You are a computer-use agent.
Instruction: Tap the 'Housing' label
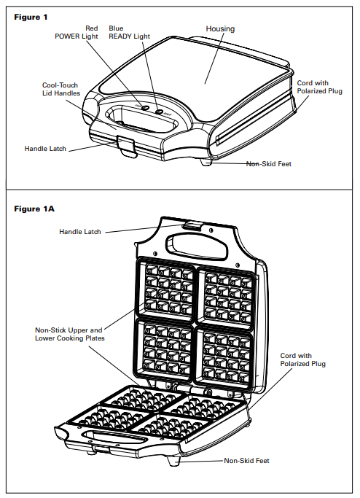[220, 29]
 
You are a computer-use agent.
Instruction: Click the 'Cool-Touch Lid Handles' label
[60, 90]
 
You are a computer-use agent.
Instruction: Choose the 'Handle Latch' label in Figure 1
[45, 149]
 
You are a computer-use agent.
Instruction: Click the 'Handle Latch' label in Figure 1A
[79, 232]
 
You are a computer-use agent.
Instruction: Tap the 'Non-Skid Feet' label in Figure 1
[268, 164]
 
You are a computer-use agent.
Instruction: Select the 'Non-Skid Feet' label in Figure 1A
[246, 461]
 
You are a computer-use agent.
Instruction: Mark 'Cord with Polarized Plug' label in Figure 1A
[303, 359]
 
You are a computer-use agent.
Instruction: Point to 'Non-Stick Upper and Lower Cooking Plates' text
[69, 334]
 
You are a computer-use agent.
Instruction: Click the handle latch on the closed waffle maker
[127, 144]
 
